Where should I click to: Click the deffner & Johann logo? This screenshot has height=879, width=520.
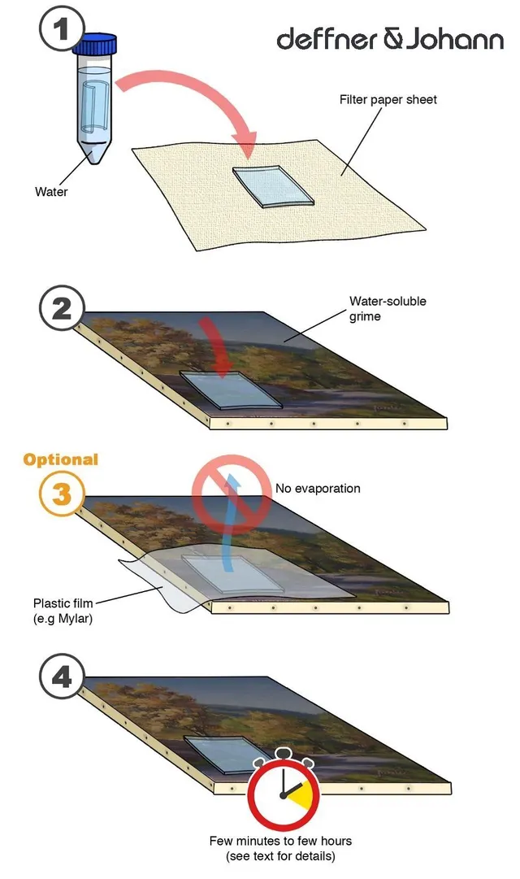pyautogui.click(x=390, y=39)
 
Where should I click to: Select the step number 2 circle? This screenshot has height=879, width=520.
pyautogui.click(x=62, y=309)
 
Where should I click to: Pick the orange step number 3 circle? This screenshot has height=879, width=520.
pyautogui.click(x=62, y=494)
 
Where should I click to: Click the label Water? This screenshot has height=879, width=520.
pyautogui.click(x=51, y=192)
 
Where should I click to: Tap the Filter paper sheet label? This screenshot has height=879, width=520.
pyautogui.click(x=388, y=100)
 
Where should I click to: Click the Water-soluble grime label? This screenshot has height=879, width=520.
pyautogui.click(x=388, y=309)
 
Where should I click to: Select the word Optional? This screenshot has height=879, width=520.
pyautogui.click(x=60, y=459)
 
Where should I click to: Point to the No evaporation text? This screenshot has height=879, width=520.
pyautogui.click(x=318, y=488)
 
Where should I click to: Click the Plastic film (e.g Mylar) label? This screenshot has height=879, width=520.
pyautogui.click(x=63, y=611)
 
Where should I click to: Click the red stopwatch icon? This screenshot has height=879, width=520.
pyautogui.click(x=284, y=790)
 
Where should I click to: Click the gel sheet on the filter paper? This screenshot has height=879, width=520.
pyautogui.click(x=274, y=187)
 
